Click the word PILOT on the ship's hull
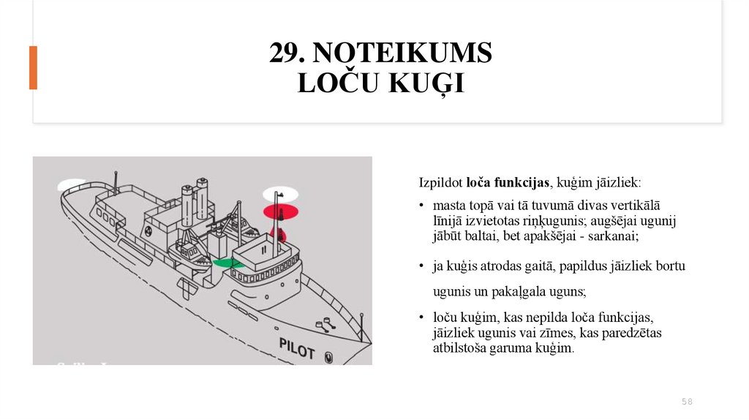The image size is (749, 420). tap(297, 348)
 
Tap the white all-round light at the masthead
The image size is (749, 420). tap(281, 194)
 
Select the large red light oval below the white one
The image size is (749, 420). tap(281, 212)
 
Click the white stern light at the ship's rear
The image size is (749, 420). tap(71, 185)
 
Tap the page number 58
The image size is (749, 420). tap(687, 402)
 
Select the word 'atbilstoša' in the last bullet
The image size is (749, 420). tap(460, 348)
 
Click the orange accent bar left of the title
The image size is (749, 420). tap(33, 68)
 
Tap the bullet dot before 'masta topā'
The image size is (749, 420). tap(422, 206)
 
